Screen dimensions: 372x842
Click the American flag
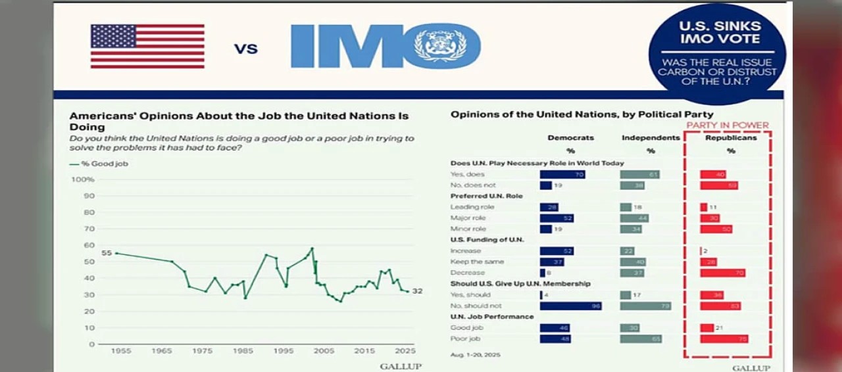(147, 46)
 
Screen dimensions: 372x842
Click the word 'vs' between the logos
(246, 47)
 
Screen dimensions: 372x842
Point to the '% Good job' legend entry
(99, 164)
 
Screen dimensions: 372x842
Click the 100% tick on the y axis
(83, 179)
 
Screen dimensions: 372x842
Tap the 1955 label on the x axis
(120, 351)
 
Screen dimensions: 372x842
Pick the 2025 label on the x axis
(405, 351)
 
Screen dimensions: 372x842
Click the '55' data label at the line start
(107, 253)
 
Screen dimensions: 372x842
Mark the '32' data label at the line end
(417, 291)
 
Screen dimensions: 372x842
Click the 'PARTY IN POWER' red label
(728, 126)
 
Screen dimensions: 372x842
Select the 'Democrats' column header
(570, 138)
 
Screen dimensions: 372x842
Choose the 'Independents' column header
(651, 138)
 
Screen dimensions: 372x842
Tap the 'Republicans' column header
(731, 138)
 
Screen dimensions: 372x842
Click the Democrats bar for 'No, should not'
(570, 306)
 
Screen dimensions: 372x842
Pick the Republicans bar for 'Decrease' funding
(722, 273)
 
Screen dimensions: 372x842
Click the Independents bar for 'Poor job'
(641, 339)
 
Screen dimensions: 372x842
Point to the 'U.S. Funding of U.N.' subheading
(487, 240)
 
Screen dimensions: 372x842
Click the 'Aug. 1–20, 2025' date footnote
(476, 355)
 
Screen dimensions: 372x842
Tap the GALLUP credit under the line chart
(400, 366)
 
